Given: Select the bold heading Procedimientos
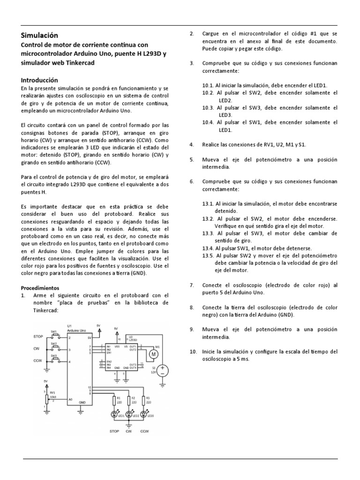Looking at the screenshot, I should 40,287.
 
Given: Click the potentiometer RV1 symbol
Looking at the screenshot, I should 46,399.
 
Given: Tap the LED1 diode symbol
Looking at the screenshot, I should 114,414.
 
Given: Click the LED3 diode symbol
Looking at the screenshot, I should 143,414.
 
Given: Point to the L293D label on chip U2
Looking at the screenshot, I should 133,340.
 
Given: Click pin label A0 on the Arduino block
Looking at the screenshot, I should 71,399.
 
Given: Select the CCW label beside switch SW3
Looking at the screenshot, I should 37,360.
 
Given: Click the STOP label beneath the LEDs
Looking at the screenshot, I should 114,431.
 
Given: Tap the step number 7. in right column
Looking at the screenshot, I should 191,285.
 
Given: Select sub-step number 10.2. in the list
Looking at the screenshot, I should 208,93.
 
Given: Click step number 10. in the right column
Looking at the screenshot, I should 192,352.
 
